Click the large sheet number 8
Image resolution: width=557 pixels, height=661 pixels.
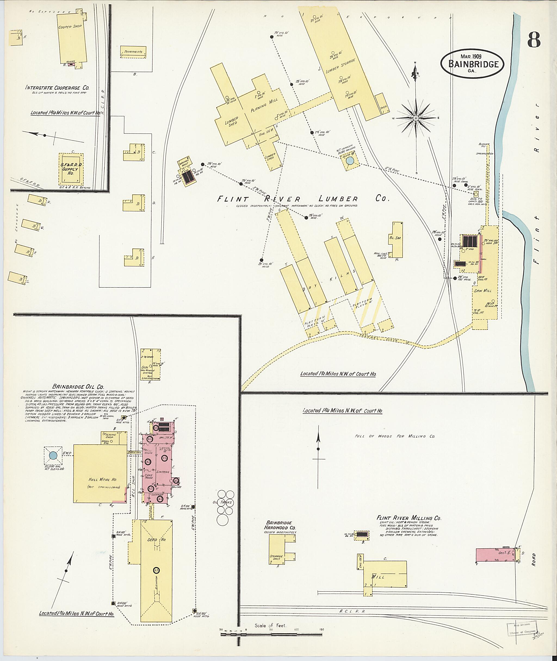tap(534, 40)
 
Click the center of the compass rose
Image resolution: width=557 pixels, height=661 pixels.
tap(416, 118)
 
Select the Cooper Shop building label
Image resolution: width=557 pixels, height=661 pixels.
tap(70, 27)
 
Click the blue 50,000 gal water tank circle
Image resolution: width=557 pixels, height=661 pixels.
tap(53, 456)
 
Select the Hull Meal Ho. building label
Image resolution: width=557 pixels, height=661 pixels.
tap(100, 480)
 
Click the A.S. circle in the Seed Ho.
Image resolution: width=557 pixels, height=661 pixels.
tap(156, 570)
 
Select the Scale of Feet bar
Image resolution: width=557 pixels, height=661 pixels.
tap(271, 634)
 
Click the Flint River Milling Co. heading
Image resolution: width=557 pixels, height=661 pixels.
tap(409, 518)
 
